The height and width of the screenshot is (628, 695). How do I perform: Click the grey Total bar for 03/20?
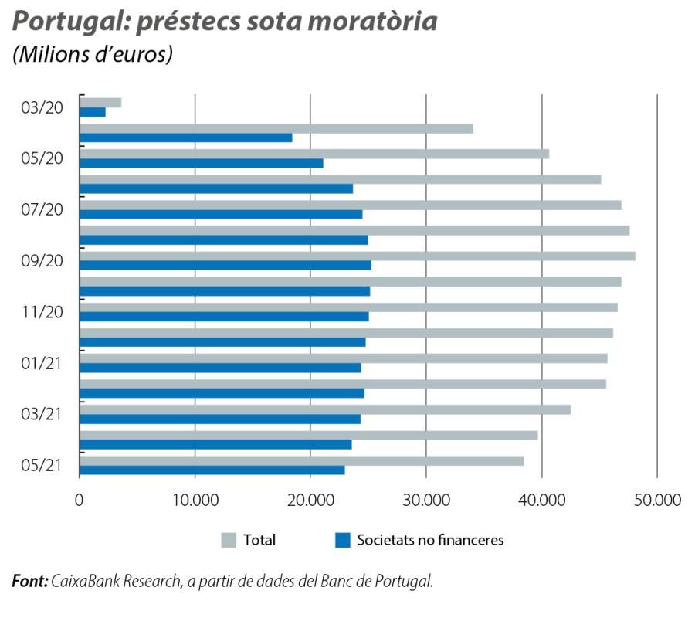coord(100,103)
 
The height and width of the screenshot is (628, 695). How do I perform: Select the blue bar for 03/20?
coord(93,113)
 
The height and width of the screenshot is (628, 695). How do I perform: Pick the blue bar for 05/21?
coord(212,470)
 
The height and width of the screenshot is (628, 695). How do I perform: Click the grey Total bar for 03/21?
coord(324,409)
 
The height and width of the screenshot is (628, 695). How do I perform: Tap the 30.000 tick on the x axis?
coord(426,500)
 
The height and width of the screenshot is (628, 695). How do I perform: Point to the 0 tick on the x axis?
coord(80,500)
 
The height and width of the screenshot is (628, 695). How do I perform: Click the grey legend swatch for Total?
coord(229,540)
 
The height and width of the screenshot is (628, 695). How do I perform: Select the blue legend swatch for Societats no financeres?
coord(342,540)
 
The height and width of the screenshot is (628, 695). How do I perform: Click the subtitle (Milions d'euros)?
coord(92,56)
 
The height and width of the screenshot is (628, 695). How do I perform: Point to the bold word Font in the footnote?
coord(30,581)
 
